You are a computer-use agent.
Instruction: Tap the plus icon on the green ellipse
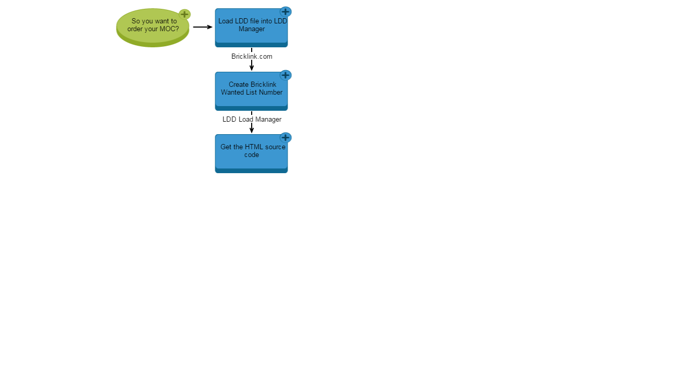click(x=185, y=14)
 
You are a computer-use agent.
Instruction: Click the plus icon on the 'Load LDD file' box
click(x=285, y=11)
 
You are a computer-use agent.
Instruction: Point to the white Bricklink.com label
click(x=252, y=56)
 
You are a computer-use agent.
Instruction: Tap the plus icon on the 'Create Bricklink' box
click(x=285, y=75)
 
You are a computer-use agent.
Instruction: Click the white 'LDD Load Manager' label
click(x=252, y=119)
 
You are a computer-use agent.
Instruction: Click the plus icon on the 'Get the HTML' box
click(x=285, y=137)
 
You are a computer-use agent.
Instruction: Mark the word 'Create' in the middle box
click(x=239, y=85)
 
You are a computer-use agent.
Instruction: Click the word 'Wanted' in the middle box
click(x=232, y=93)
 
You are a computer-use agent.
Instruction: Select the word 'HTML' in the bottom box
click(x=254, y=147)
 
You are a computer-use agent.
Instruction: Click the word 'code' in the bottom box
click(x=252, y=155)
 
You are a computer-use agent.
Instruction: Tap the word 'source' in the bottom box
click(x=275, y=147)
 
